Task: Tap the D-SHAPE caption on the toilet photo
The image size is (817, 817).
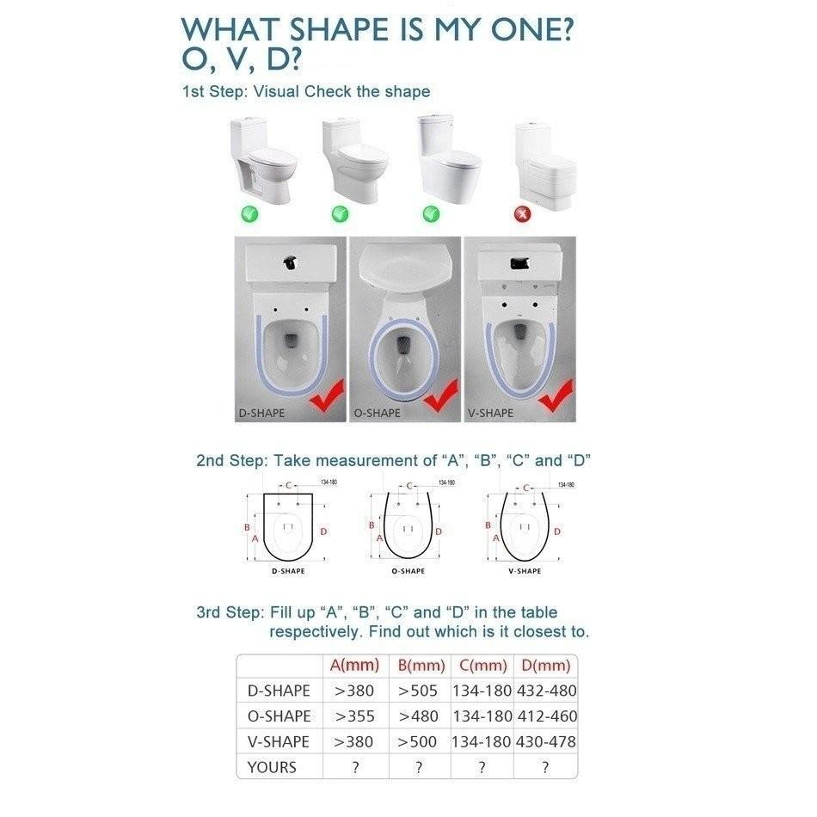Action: tap(261, 414)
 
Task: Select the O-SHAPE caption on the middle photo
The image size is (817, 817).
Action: tap(378, 414)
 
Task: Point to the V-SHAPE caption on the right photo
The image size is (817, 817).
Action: tap(490, 414)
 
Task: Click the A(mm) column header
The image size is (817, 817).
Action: tap(354, 666)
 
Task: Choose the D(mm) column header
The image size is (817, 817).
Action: tap(545, 666)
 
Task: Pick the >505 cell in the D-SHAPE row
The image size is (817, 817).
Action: tap(418, 691)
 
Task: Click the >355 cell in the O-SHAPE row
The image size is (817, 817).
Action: tap(354, 716)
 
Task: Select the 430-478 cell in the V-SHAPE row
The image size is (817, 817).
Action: tap(545, 741)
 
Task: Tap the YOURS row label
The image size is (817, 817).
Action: tap(273, 767)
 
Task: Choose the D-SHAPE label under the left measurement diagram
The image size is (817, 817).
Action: tap(287, 571)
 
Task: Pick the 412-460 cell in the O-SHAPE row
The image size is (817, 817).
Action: tap(545, 716)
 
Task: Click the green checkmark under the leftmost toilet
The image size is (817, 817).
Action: tap(249, 213)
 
